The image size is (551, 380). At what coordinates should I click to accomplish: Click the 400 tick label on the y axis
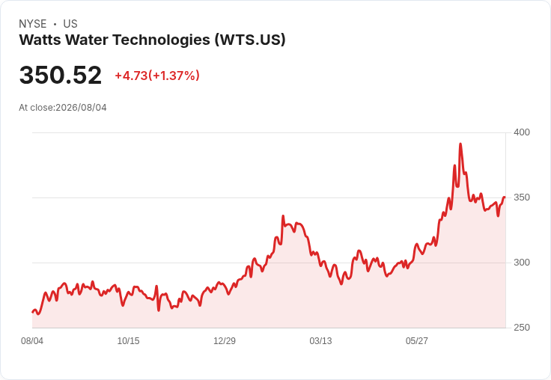point(522,132)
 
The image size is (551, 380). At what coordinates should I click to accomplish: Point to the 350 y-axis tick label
point(522,197)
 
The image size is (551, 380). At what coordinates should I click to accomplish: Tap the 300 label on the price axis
point(522,263)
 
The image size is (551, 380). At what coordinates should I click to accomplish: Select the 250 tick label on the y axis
point(522,328)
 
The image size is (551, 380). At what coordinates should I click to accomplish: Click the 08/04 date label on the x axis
point(32,341)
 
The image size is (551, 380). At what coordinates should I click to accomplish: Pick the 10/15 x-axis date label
point(128,341)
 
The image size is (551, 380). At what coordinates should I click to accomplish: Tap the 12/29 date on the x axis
point(225,341)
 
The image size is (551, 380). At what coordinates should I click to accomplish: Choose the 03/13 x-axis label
point(320,341)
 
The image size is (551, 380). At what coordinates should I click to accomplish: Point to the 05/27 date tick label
point(417,341)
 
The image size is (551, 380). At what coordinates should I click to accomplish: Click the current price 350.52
point(61,76)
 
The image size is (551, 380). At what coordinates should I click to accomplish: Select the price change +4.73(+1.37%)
point(157,76)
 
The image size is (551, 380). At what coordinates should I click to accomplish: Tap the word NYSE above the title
point(33,24)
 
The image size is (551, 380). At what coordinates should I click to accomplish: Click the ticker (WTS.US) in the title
point(250,40)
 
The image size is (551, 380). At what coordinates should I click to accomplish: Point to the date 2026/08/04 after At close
point(81,108)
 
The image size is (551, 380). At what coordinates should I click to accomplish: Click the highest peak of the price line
point(460,144)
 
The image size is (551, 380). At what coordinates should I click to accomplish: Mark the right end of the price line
point(505,197)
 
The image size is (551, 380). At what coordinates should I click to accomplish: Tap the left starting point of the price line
point(32,312)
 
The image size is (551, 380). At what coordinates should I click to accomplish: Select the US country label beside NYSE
point(70,24)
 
